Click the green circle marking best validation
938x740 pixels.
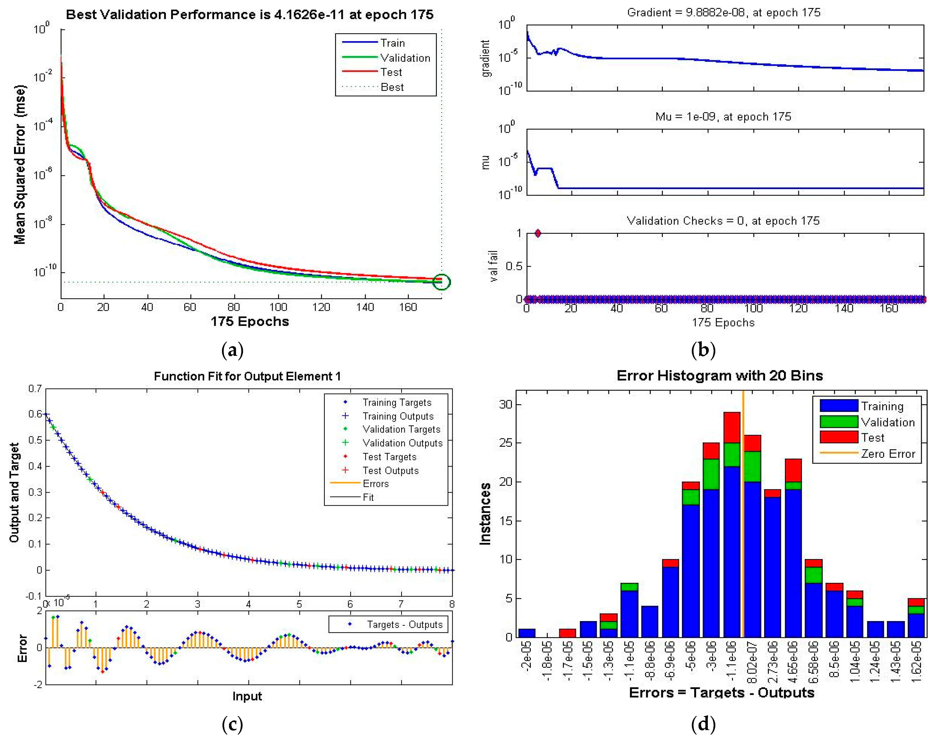tap(442, 282)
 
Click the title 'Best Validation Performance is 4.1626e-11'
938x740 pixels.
tap(250, 15)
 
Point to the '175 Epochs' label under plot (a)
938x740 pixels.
tap(250, 322)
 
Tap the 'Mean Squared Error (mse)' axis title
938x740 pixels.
tap(20, 165)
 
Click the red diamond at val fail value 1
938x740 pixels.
tap(538, 234)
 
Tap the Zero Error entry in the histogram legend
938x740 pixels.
tap(887, 454)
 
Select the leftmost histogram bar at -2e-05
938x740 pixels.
tap(527, 633)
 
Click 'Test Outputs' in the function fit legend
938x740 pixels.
tap(390, 470)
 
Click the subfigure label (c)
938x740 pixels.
tap(232, 724)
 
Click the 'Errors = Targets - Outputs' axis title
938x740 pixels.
tap(721, 692)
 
